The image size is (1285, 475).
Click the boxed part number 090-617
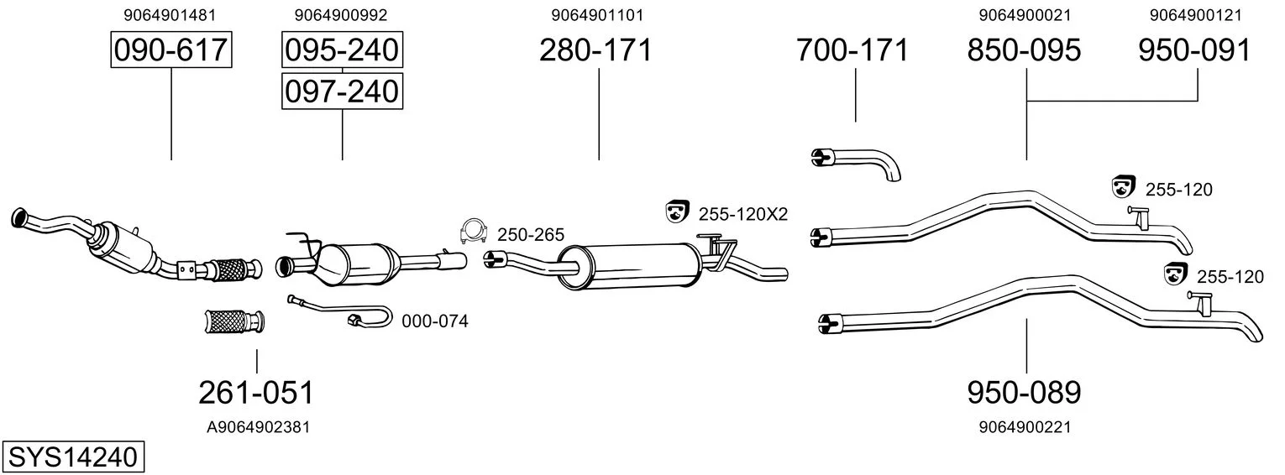coord(171,50)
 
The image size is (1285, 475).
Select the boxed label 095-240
coord(342,50)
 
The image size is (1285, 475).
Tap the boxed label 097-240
coord(342,91)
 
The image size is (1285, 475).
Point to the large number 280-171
coord(596,50)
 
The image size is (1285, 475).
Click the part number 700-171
coord(852,50)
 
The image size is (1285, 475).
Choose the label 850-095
coord(1024,50)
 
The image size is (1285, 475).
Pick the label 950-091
coord(1195,50)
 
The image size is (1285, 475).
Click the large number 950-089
coord(1024,393)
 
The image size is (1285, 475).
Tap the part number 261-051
coord(256,393)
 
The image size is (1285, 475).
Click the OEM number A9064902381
coord(258,427)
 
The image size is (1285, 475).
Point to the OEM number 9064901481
coord(170,15)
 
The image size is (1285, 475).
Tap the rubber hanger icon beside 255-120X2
coord(677,212)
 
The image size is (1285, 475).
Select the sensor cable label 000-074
coord(435,321)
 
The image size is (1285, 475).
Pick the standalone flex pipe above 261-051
coord(234,321)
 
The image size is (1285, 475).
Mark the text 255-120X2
coord(743,214)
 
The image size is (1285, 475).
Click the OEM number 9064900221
coord(1025,427)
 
